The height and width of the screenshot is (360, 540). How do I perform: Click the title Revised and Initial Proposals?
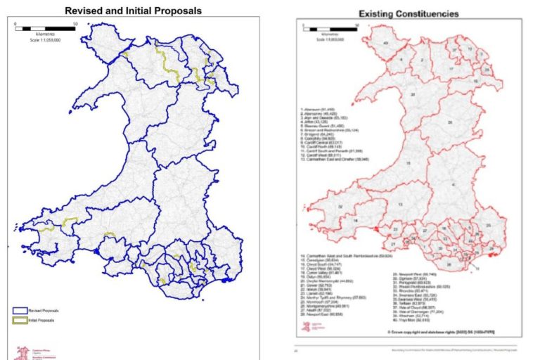[x=133, y=11]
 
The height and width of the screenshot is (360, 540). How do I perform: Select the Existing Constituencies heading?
[x=409, y=13]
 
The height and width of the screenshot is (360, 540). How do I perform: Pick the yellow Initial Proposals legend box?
[x=20, y=320]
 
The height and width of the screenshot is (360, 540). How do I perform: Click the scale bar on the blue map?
[x=46, y=30]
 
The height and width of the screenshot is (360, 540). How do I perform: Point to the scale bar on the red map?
[x=330, y=28]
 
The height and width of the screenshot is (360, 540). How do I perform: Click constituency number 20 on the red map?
[x=413, y=94]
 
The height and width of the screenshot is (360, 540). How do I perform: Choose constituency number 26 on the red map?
[x=449, y=122]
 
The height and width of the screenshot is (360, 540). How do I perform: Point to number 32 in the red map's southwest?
[x=340, y=207]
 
